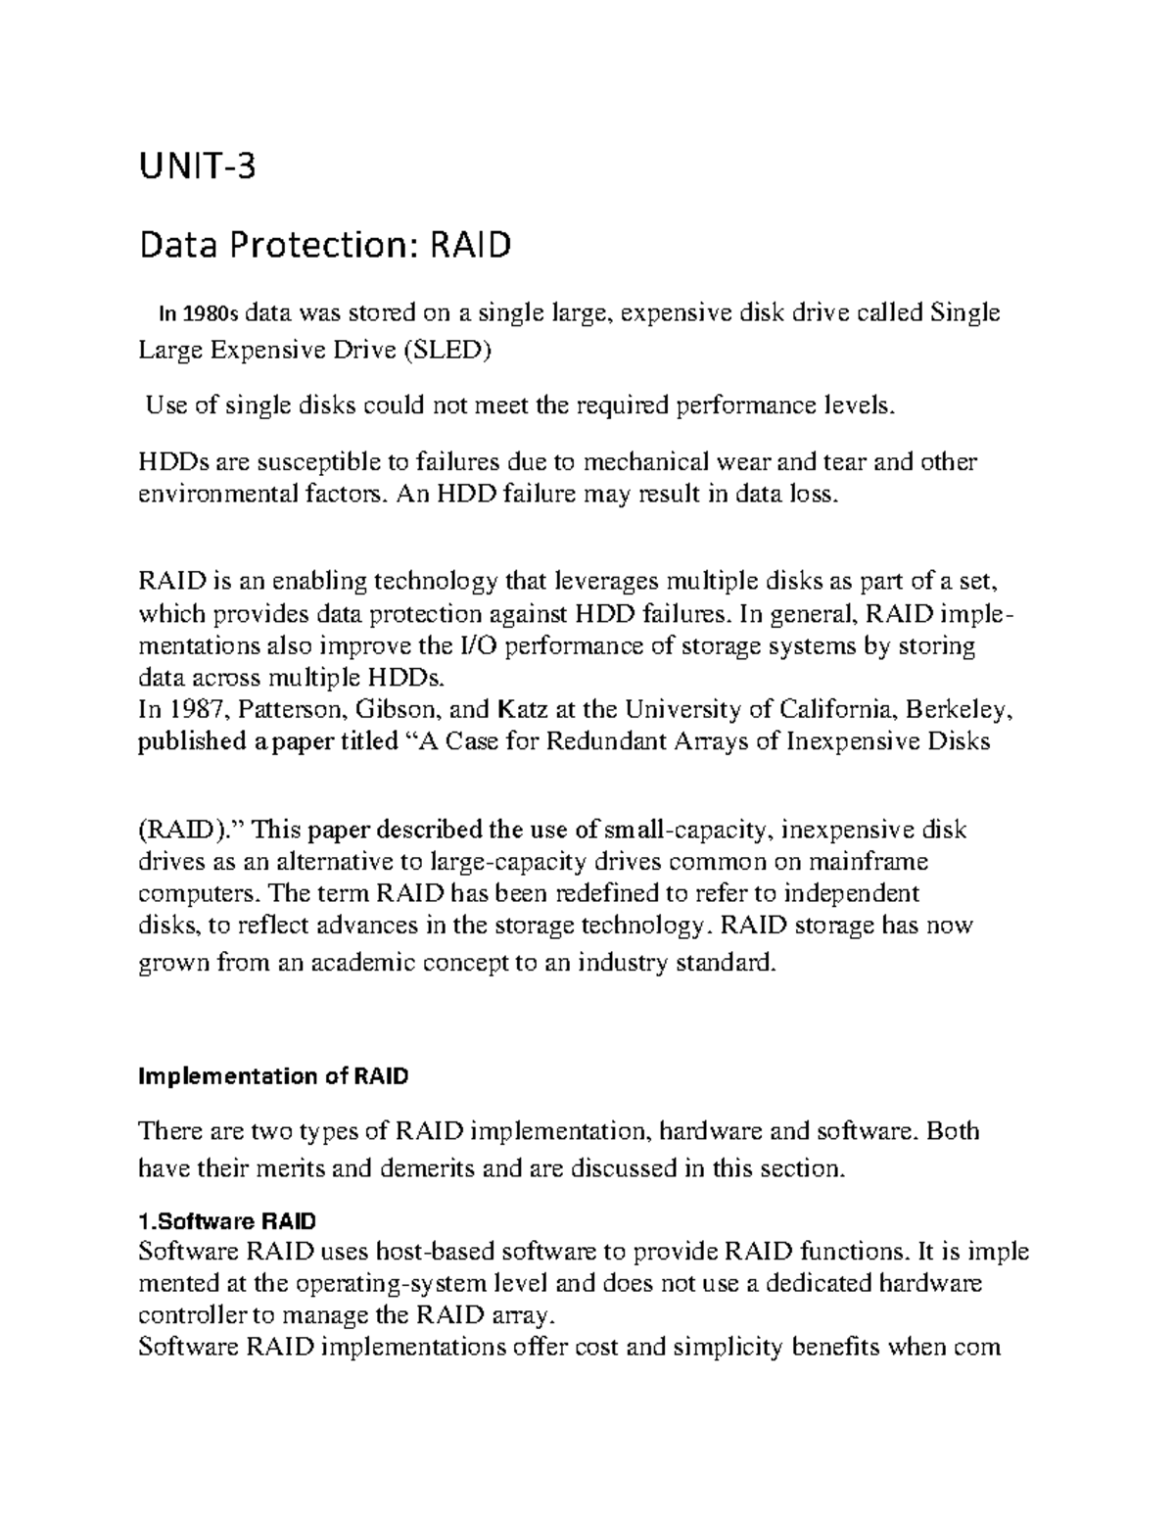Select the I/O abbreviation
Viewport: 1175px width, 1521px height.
pyautogui.click(x=469, y=646)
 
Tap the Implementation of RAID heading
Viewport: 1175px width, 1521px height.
pyautogui.click(x=273, y=1077)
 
